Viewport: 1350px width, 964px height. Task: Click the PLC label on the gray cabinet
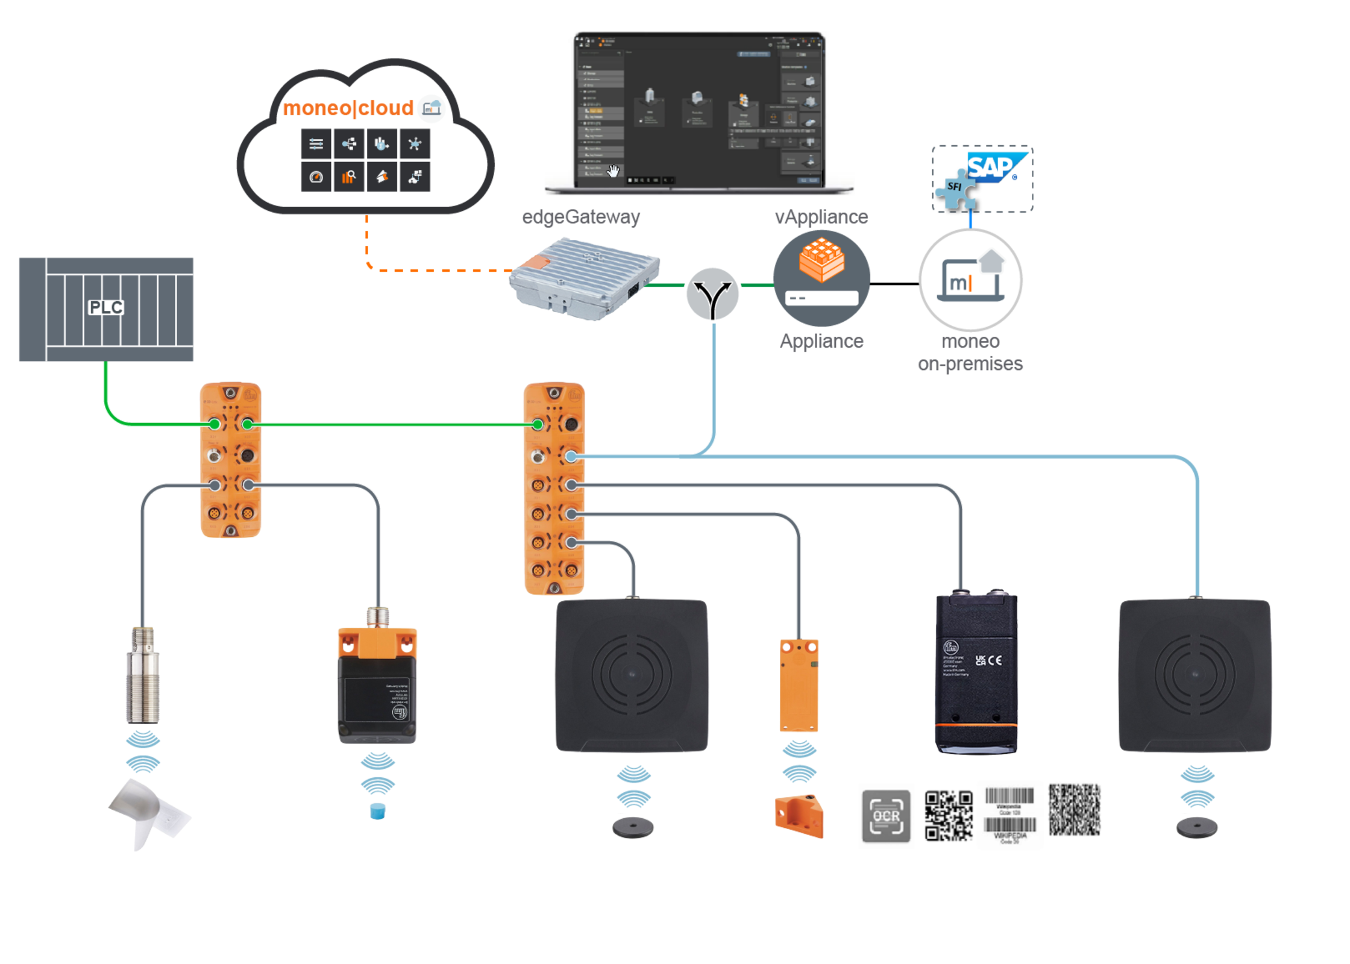tap(106, 308)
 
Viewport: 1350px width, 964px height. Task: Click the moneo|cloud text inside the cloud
tap(348, 108)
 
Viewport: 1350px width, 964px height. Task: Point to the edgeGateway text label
tap(580, 217)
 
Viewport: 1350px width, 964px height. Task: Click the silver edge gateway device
tap(583, 279)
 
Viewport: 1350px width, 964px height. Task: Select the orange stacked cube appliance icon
tap(821, 260)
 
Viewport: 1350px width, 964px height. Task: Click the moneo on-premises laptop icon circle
tap(970, 280)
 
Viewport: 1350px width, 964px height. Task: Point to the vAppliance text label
tap(821, 217)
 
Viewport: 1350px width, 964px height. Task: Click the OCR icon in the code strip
tap(886, 816)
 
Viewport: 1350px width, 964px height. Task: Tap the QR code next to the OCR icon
tap(949, 816)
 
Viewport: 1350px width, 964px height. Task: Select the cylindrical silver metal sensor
tap(143, 676)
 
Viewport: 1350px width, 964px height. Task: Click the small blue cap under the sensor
tap(377, 811)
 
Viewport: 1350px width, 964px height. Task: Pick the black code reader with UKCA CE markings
tap(976, 673)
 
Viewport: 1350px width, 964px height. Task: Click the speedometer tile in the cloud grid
tap(316, 177)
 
